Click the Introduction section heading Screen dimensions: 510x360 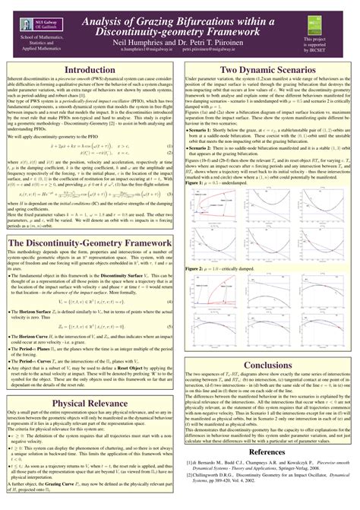click(90, 70)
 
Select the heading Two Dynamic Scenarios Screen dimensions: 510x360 click(268, 70)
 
